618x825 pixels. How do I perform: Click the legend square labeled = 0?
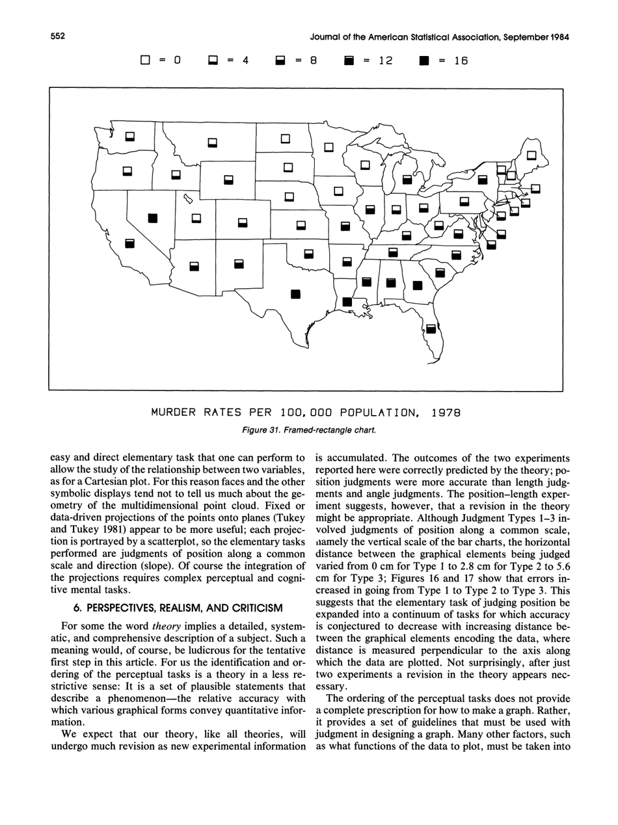click(x=146, y=61)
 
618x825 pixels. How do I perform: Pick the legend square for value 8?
click(x=280, y=61)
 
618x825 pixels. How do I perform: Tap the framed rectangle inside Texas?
click(x=295, y=293)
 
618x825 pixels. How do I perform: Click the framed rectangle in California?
click(x=129, y=243)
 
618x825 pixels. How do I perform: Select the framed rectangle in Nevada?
click(x=153, y=217)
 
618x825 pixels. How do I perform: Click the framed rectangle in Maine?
click(x=531, y=156)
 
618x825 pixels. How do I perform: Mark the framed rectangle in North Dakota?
click(x=284, y=139)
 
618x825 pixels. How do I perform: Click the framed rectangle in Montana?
click(x=211, y=141)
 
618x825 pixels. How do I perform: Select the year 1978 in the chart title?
click(x=446, y=412)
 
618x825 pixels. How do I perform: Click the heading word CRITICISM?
click(x=252, y=608)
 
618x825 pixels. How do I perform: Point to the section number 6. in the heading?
click(x=77, y=608)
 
